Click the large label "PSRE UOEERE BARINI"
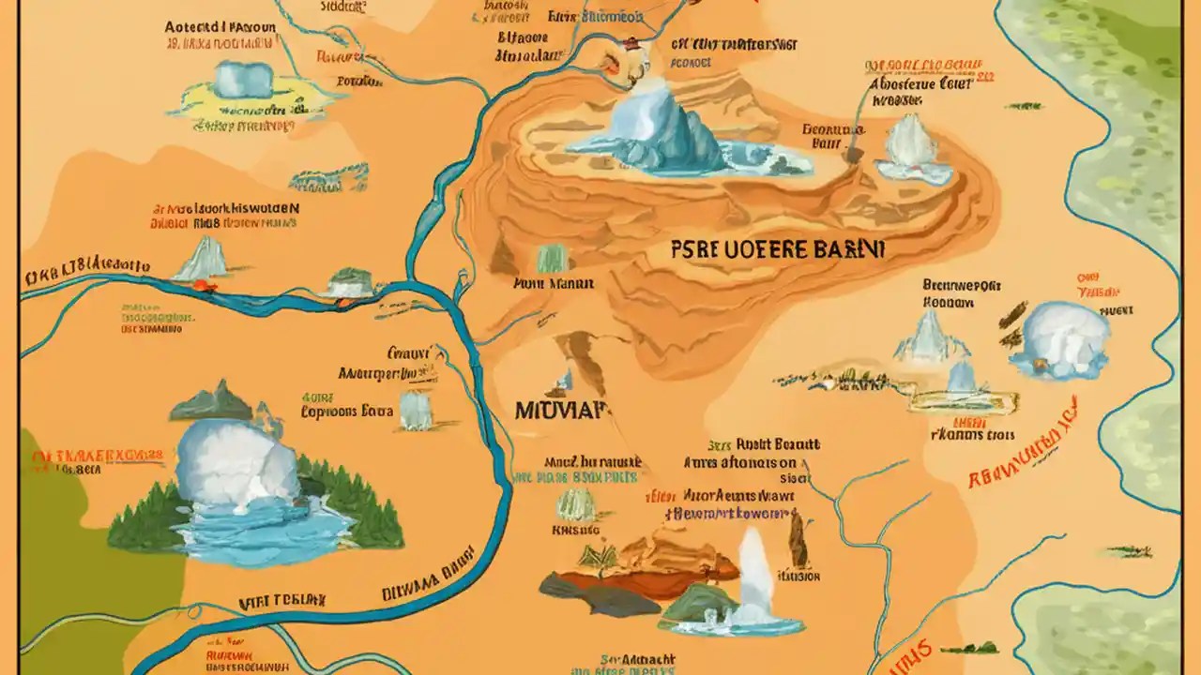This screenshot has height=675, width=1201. tap(778, 250)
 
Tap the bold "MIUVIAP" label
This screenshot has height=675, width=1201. tap(561, 411)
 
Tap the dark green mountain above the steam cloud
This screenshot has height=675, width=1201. tap(212, 403)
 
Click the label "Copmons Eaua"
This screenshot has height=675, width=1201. tap(346, 411)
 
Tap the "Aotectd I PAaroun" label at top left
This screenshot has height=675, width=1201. tap(220, 27)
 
